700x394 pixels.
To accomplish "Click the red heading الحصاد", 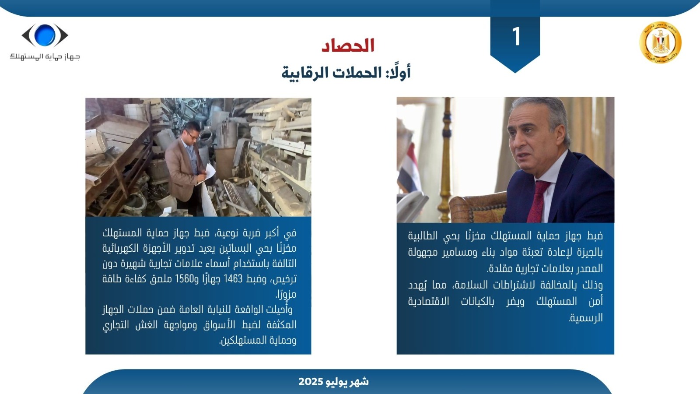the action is point(348,46).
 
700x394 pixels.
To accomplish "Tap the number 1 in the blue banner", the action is point(516,37).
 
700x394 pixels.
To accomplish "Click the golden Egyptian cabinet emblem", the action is point(660,42).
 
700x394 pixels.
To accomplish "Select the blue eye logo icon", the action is point(45,35).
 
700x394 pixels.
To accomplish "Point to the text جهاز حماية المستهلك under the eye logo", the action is point(45,56).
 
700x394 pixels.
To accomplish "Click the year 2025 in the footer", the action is point(311,381).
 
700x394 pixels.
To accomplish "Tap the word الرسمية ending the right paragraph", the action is point(586,318).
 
